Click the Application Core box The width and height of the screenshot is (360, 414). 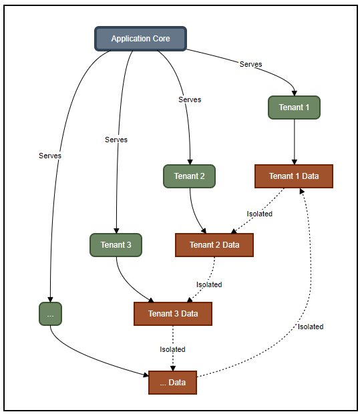(140, 39)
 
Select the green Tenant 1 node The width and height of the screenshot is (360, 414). (294, 107)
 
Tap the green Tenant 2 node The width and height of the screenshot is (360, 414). (189, 176)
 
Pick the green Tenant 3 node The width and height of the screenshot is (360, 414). (116, 245)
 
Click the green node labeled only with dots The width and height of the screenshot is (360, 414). (50, 314)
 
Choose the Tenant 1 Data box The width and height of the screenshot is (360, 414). (294, 176)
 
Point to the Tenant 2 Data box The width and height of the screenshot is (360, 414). (214, 245)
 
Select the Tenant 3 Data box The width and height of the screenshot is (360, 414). (173, 314)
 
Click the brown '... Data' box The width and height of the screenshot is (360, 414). (172, 383)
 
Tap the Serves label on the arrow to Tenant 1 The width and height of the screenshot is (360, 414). (250, 64)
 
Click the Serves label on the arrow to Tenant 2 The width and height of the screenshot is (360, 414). (190, 99)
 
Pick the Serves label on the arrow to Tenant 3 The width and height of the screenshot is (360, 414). (116, 140)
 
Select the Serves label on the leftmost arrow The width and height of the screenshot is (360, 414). (50, 156)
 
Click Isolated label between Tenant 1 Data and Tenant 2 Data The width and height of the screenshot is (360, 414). (259, 214)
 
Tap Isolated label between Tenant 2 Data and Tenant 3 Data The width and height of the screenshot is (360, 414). (209, 284)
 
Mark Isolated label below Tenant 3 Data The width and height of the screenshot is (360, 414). (172, 349)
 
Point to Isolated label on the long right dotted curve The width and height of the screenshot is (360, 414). (311, 327)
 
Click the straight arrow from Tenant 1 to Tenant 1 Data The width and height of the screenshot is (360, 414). (295, 142)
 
